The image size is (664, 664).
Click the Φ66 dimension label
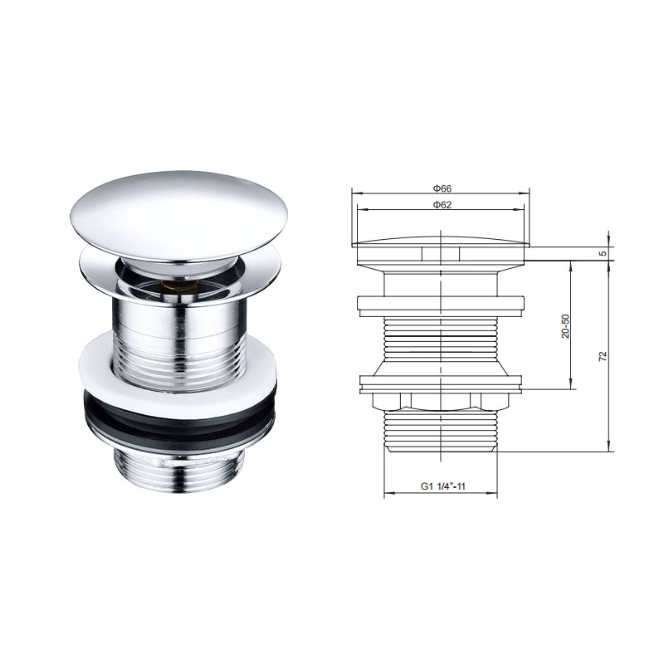tap(442, 188)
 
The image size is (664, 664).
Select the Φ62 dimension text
tap(442, 205)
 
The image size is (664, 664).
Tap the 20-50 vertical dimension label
tap(565, 326)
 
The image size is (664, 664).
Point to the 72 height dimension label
tap(603, 356)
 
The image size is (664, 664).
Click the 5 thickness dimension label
tap(603, 253)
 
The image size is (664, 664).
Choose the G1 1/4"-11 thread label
tap(442, 486)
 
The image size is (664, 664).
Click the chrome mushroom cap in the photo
tap(179, 216)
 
